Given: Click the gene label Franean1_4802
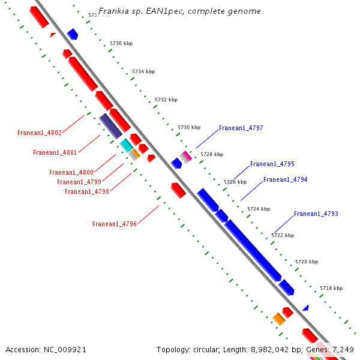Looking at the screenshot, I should point(40,133).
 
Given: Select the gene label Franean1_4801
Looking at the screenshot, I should point(55,152).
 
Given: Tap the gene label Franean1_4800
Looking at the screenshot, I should point(71,172).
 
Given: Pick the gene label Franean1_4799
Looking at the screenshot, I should point(79,182).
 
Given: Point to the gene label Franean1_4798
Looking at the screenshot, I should point(87,191).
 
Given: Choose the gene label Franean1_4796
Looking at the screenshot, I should point(115,224).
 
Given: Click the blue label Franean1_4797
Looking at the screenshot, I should point(241,128).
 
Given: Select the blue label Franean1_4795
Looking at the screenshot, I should point(272,164).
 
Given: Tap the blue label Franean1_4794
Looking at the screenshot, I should point(285,179).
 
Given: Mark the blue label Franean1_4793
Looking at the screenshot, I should point(316,214).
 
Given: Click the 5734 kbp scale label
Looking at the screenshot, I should point(143,71).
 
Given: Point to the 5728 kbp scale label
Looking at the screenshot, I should point(212,154).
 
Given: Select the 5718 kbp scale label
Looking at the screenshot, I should point(331,288).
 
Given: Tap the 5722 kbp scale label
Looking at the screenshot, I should point(283,235).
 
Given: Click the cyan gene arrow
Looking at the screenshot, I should point(126,145).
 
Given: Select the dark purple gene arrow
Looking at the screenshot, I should point(111,125).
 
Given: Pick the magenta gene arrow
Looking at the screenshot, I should point(187,155).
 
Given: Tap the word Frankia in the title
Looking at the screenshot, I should point(112,11).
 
